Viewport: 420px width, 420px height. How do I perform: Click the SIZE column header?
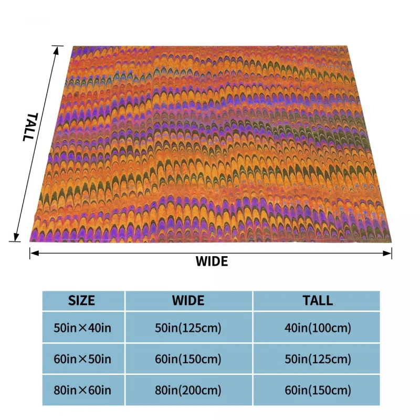coord(82,301)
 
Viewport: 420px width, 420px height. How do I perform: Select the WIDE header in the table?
coord(188,301)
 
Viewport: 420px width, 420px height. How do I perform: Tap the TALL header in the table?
coord(317,301)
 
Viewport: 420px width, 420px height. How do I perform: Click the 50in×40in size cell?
coord(82,329)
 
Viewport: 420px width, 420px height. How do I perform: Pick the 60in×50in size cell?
coord(82,360)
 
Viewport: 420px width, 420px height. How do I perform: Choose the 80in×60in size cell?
coord(82,391)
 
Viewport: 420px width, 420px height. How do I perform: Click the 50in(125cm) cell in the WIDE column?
coord(188,329)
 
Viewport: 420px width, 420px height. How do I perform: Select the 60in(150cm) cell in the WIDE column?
coord(188,360)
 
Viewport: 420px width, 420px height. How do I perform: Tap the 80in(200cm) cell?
coord(188,391)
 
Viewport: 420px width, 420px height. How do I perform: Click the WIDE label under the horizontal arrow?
coord(212,261)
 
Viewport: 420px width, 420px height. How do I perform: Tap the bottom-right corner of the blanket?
coord(392,242)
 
